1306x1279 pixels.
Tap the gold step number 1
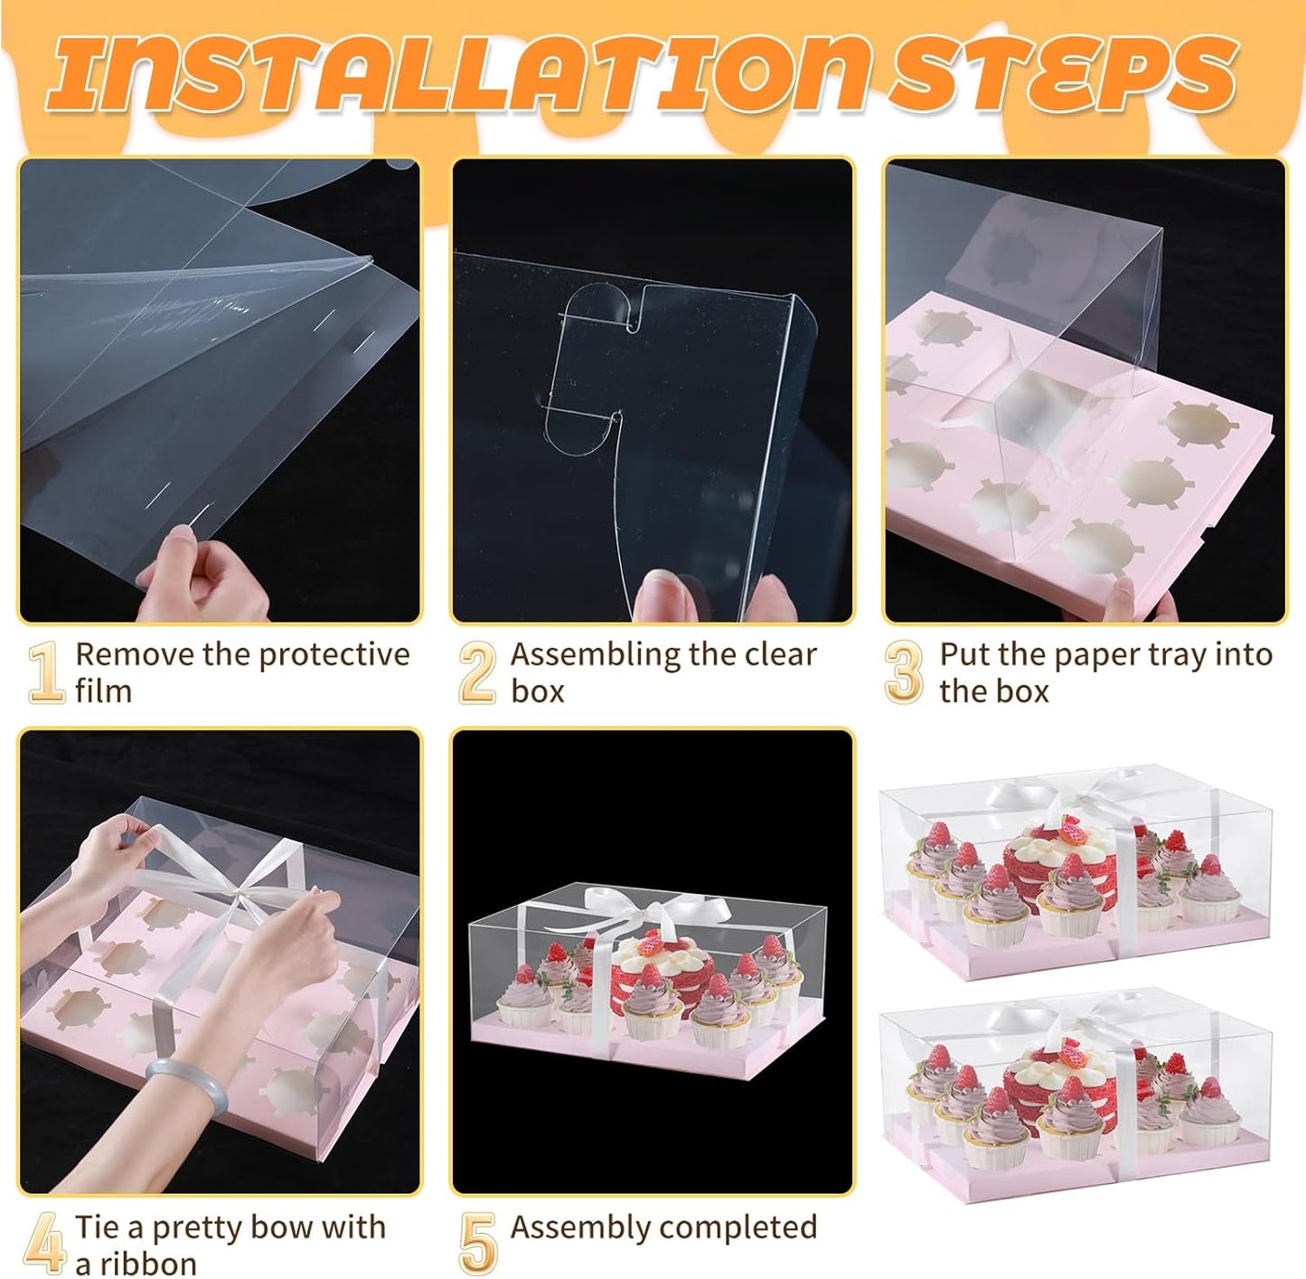(45, 672)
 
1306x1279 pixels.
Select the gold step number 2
(477, 672)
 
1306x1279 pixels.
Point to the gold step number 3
(904, 672)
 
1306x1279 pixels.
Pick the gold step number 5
(477, 1244)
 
